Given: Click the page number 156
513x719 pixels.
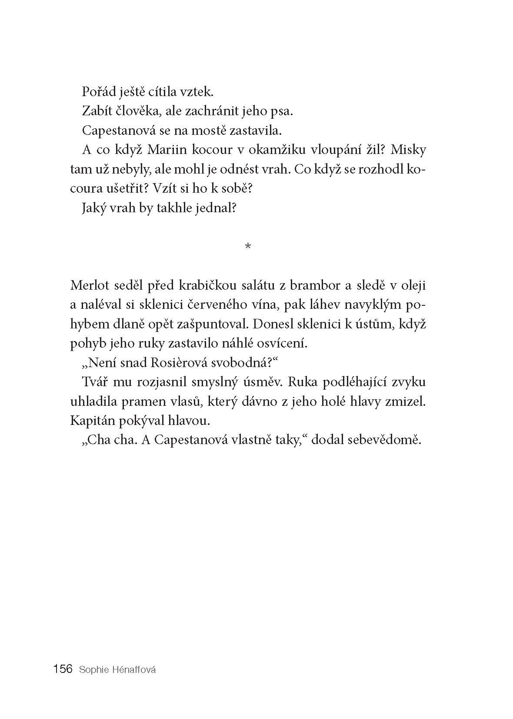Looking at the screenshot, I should [63, 669].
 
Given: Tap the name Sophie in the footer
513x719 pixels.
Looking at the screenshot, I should [91, 669].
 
